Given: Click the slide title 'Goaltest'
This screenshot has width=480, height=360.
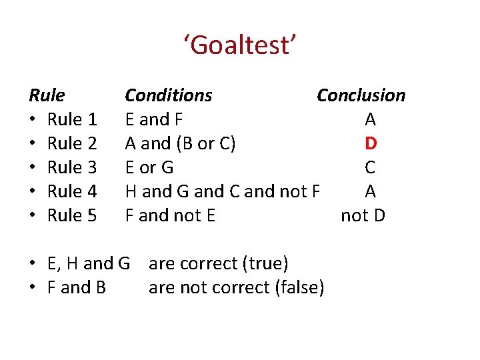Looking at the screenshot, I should (x=240, y=46).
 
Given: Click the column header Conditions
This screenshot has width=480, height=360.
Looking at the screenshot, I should (x=169, y=95).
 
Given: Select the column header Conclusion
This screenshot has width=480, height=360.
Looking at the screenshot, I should (x=361, y=95).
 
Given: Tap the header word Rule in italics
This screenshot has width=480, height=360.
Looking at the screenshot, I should (x=47, y=95).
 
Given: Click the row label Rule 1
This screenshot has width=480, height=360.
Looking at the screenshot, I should (x=73, y=119).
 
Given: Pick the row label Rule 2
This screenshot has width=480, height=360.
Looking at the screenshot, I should (x=73, y=143).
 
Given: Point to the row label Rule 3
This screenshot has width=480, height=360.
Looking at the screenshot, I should (x=73, y=167).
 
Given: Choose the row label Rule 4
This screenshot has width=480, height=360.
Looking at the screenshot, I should (x=73, y=191).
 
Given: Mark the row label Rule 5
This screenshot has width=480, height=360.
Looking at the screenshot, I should (x=73, y=215).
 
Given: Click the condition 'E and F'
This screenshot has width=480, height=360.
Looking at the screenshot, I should (x=154, y=119).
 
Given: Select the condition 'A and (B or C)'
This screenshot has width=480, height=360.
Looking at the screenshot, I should (x=180, y=143).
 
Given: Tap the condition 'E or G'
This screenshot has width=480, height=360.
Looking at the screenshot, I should (x=149, y=167).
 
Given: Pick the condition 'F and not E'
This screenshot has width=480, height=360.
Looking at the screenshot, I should (x=170, y=215).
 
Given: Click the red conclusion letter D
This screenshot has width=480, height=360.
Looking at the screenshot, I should (x=371, y=143).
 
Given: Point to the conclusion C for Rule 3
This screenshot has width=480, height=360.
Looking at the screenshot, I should (x=371, y=167).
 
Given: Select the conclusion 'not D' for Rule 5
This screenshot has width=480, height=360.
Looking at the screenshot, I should (x=363, y=215).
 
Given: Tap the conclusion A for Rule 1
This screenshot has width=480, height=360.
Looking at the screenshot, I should (x=371, y=119).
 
